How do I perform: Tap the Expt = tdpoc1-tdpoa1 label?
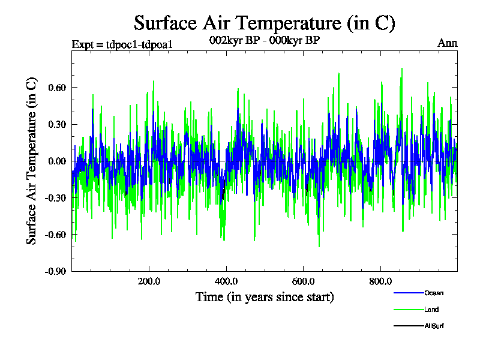coord(122,44)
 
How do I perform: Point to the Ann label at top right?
coord(448,43)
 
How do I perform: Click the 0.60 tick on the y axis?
coord(56,88)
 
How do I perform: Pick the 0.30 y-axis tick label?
coord(56,124)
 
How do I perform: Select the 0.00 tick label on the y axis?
coord(56,161)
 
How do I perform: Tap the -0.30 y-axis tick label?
coord(54,197)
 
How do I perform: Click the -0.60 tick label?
coord(54,234)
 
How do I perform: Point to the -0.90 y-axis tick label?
coord(54,271)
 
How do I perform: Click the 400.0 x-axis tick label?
coord(226,281)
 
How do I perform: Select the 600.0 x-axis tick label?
coord(303,281)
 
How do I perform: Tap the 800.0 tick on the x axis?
coord(380,281)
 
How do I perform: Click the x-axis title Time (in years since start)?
coord(265,297)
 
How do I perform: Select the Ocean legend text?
coord(434,293)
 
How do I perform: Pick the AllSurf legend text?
coord(434,326)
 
